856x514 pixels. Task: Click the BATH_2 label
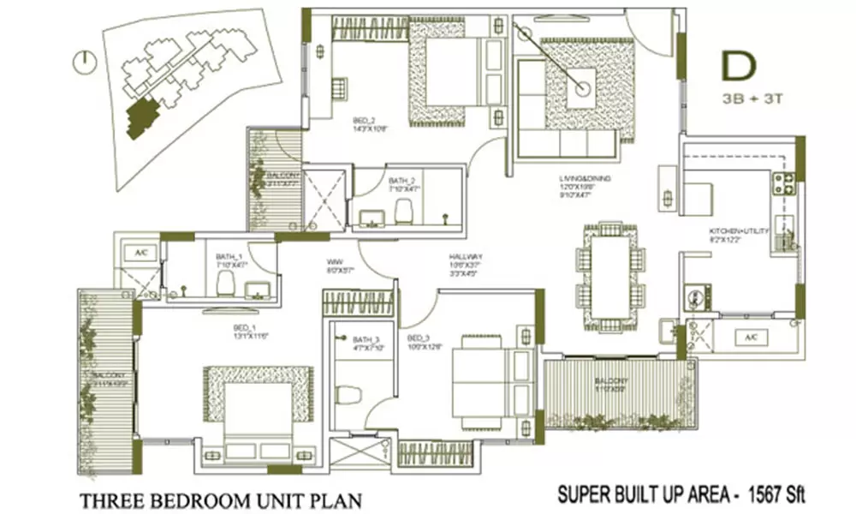click(401, 181)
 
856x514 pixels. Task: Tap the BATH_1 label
click(229, 256)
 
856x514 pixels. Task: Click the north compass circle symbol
click(83, 62)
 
